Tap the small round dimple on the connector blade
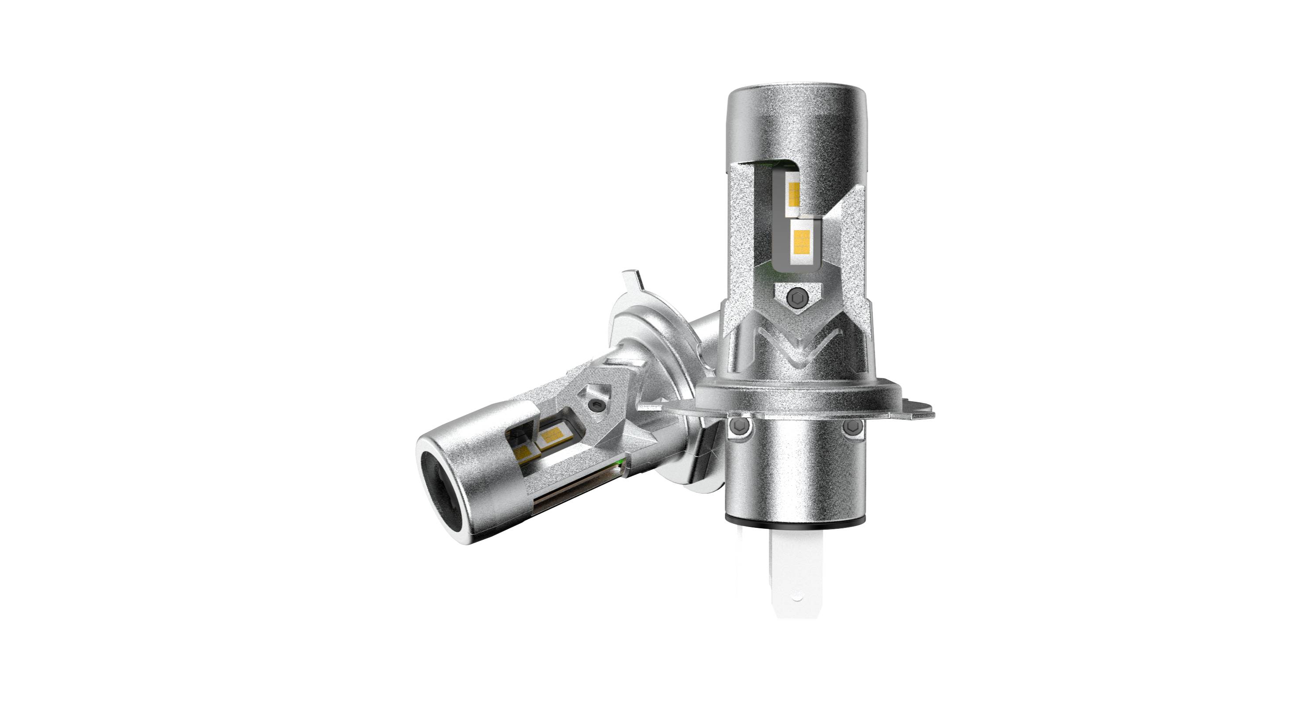coord(796,599)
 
